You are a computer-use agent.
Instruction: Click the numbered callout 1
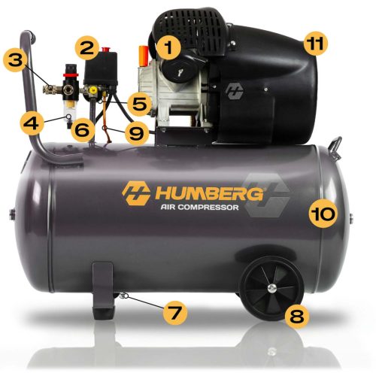[169, 50]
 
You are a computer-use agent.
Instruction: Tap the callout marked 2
[88, 47]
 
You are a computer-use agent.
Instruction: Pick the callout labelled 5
[139, 100]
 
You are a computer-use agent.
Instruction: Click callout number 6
[83, 129]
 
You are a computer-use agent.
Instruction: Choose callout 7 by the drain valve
[174, 311]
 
